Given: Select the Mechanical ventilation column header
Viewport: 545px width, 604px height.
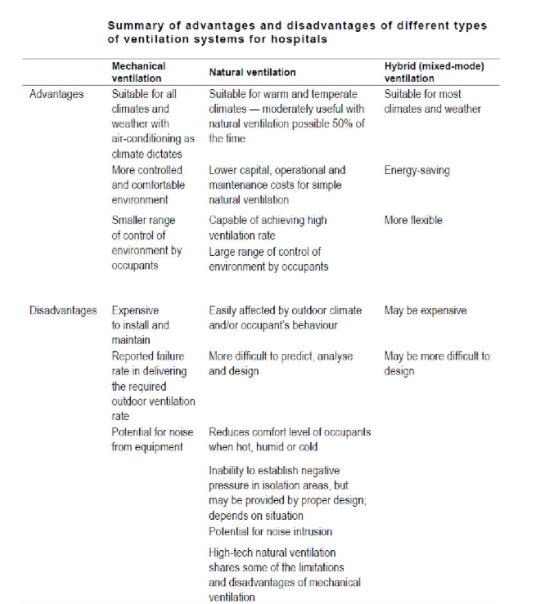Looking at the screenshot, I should (138, 72).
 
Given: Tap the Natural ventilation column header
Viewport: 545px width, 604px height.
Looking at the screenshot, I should (252, 73).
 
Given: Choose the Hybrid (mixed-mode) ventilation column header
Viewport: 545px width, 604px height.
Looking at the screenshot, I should (421, 72).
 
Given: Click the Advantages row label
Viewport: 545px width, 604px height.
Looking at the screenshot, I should (56, 94).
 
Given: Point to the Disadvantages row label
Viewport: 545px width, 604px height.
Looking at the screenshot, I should (63, 311).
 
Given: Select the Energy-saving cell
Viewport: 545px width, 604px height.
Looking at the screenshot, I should (417, 171).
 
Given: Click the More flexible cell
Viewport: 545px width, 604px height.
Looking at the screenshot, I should (413, 220).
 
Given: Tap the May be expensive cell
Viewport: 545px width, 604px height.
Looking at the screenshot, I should (426, 311).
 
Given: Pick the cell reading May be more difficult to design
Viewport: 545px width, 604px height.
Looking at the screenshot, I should (437, 364).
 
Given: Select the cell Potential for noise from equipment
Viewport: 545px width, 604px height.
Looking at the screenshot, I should (148, 439).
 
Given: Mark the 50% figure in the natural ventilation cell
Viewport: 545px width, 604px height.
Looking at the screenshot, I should (340, 124).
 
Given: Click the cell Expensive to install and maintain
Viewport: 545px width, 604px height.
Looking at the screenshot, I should (141, 325).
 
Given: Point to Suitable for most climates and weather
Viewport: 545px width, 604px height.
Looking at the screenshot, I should (432, 101).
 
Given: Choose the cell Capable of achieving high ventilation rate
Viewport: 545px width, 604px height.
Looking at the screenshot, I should (268, 227).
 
